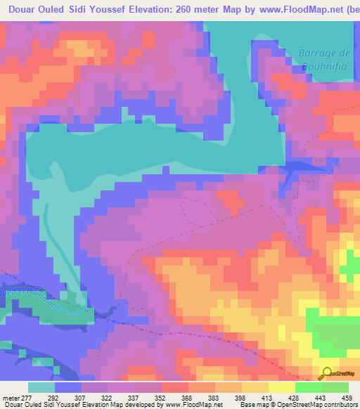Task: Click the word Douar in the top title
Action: (22, 10)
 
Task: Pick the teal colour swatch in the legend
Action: (41, 387)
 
